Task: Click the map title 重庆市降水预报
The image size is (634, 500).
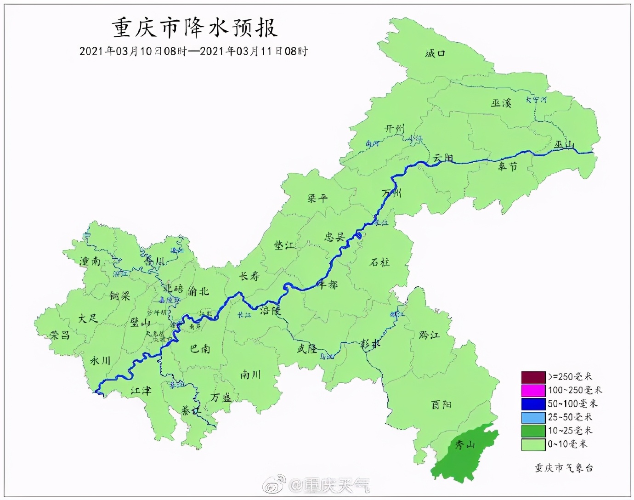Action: (195, 28)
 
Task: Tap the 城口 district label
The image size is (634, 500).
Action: (435, 54)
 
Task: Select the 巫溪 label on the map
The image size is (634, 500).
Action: (501, 103)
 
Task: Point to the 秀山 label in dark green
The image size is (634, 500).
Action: (464, 445)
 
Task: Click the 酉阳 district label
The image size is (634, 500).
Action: (441, 404)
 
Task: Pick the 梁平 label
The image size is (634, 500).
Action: (317, 199)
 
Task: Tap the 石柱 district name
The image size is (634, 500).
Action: (379, 262)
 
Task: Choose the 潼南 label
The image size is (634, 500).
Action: (90, 261)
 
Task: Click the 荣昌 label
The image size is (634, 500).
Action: (60, 335)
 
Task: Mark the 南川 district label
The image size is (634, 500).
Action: (250, 375)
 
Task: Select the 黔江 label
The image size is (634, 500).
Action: (429, 335)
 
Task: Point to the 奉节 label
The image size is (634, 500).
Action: (508, 167)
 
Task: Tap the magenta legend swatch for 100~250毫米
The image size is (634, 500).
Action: (533, 391)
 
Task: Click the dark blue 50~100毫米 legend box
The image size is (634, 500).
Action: (533, 404)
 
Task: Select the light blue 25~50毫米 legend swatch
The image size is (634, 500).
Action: (533, 417)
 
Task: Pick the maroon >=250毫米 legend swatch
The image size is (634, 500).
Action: (533, 377)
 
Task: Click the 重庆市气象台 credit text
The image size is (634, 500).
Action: (564, 468)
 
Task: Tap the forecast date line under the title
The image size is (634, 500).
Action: (193, 51)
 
